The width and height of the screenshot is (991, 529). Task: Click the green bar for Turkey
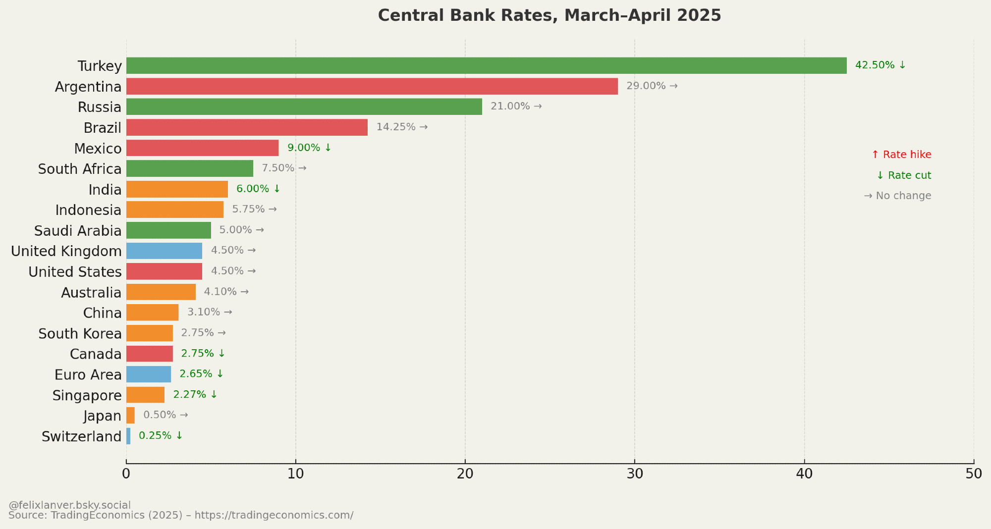tap(486, 65)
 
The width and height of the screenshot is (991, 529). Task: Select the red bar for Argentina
tap(372, 86)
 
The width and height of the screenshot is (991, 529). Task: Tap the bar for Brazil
tap(247, 127)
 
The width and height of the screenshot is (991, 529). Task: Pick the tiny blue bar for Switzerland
tap(128, 436)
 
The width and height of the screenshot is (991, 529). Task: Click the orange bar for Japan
tap(130, 415)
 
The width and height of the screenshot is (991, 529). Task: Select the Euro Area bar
tap(149, 374)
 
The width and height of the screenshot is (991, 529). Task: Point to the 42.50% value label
tap(880, 65)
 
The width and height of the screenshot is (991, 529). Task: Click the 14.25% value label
tap(401, 127)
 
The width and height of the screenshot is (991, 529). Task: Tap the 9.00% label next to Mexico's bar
tap(309, 148)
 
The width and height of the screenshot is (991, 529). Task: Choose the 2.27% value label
tap(195, 394)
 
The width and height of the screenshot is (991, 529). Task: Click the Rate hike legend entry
tap(901, 155)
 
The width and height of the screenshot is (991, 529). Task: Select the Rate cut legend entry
tap(904, 175)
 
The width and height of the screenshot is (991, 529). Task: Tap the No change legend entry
tap(897, 196)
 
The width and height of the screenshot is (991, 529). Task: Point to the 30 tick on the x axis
tap(635, 474)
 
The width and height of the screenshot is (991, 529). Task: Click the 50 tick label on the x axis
tap(974, 474)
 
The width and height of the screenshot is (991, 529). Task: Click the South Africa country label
tap(80, 169)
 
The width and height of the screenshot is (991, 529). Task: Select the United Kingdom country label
tap(66, 251)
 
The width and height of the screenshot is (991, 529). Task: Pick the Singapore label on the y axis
tap(87, 395)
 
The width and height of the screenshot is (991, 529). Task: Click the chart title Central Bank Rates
tap(550, 15)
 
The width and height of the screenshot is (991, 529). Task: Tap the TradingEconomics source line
tap(181, 515)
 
